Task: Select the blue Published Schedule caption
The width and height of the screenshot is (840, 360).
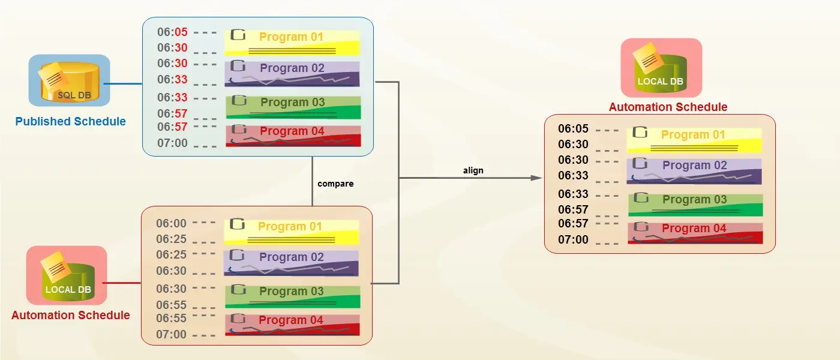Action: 71,122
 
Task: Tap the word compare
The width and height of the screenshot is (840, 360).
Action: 335,184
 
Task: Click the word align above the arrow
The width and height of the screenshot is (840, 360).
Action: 473,170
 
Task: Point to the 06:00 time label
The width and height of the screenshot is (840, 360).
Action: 172,224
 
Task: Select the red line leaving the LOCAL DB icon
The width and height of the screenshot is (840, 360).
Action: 123,281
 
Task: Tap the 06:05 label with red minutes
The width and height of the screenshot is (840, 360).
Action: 173,32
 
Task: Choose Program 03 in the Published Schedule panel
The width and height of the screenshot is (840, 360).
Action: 293,107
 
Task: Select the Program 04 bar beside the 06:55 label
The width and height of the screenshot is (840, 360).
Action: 292,325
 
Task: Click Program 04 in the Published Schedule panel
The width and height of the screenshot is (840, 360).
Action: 293,136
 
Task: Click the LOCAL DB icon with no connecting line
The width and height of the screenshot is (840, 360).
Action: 661,68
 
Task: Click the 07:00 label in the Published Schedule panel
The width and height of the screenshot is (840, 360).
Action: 173,143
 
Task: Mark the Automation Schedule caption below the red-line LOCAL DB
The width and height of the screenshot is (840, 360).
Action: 71,316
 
